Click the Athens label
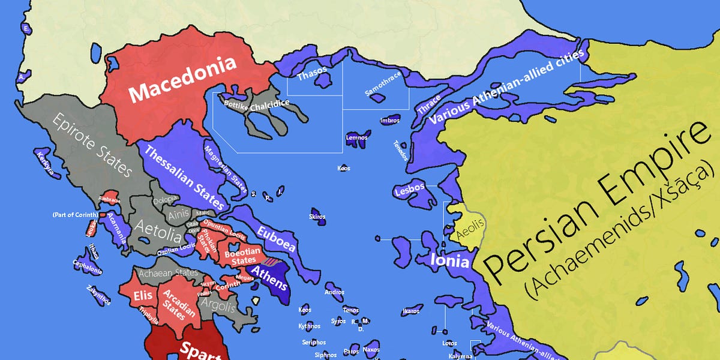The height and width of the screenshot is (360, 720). (x=268, y=273)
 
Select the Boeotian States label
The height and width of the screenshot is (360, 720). (x=240, y=257)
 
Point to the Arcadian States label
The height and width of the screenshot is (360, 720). (x=175, y=302)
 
